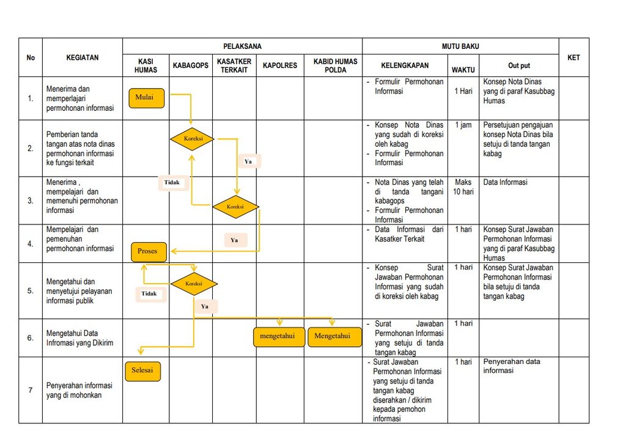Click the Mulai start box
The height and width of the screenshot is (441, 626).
click(147, 98)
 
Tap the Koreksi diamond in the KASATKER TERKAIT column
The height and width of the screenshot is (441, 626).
click(235, 207)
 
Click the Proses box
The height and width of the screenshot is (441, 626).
click(149, 251)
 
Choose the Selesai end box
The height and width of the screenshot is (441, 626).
click(143, 371)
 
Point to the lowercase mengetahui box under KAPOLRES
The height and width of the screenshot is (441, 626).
click(279, 337)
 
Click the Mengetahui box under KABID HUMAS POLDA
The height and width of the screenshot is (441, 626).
click(334, 337)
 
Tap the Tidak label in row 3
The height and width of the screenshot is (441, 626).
click(172, 182)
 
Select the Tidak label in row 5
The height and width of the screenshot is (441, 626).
click(149, 294)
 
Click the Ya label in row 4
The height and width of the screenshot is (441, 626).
click(234, 240)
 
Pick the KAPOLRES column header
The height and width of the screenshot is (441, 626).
click(280, 65)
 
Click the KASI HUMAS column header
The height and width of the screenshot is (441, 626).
click(145, 65)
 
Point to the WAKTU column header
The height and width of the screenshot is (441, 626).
click(463, 70)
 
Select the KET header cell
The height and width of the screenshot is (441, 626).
click(573, 57)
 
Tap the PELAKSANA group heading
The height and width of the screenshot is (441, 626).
click(242, 46)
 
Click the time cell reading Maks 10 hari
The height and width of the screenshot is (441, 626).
click(463, 187)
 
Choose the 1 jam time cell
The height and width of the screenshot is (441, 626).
click(463, 125)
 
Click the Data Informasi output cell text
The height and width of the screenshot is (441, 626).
click(505, 182)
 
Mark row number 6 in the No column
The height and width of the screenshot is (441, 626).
click(31, 338)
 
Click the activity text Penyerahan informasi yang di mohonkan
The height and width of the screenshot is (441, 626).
click(79, 390)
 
